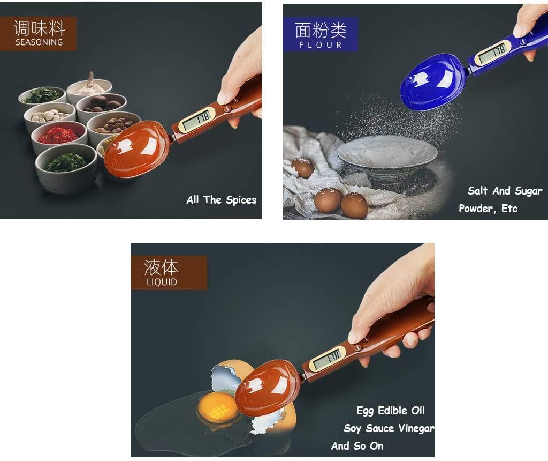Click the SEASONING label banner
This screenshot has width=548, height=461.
click(39, 33)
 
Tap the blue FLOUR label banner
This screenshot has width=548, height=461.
click(321, 34)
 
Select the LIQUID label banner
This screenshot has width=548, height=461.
click(169, 272)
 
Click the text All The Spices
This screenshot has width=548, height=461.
click(221, 200)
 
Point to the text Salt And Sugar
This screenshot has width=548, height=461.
click(505, 191)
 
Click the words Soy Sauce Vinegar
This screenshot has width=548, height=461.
click(389, 428)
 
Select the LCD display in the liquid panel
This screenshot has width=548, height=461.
click(328, 358)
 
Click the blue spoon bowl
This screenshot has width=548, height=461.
click(432, 81)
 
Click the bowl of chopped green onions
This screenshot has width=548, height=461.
click(66, 162)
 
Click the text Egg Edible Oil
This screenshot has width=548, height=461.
click(391, 411)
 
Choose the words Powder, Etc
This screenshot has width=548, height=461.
click(488, 209)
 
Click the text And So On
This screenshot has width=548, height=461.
click(357, 446)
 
